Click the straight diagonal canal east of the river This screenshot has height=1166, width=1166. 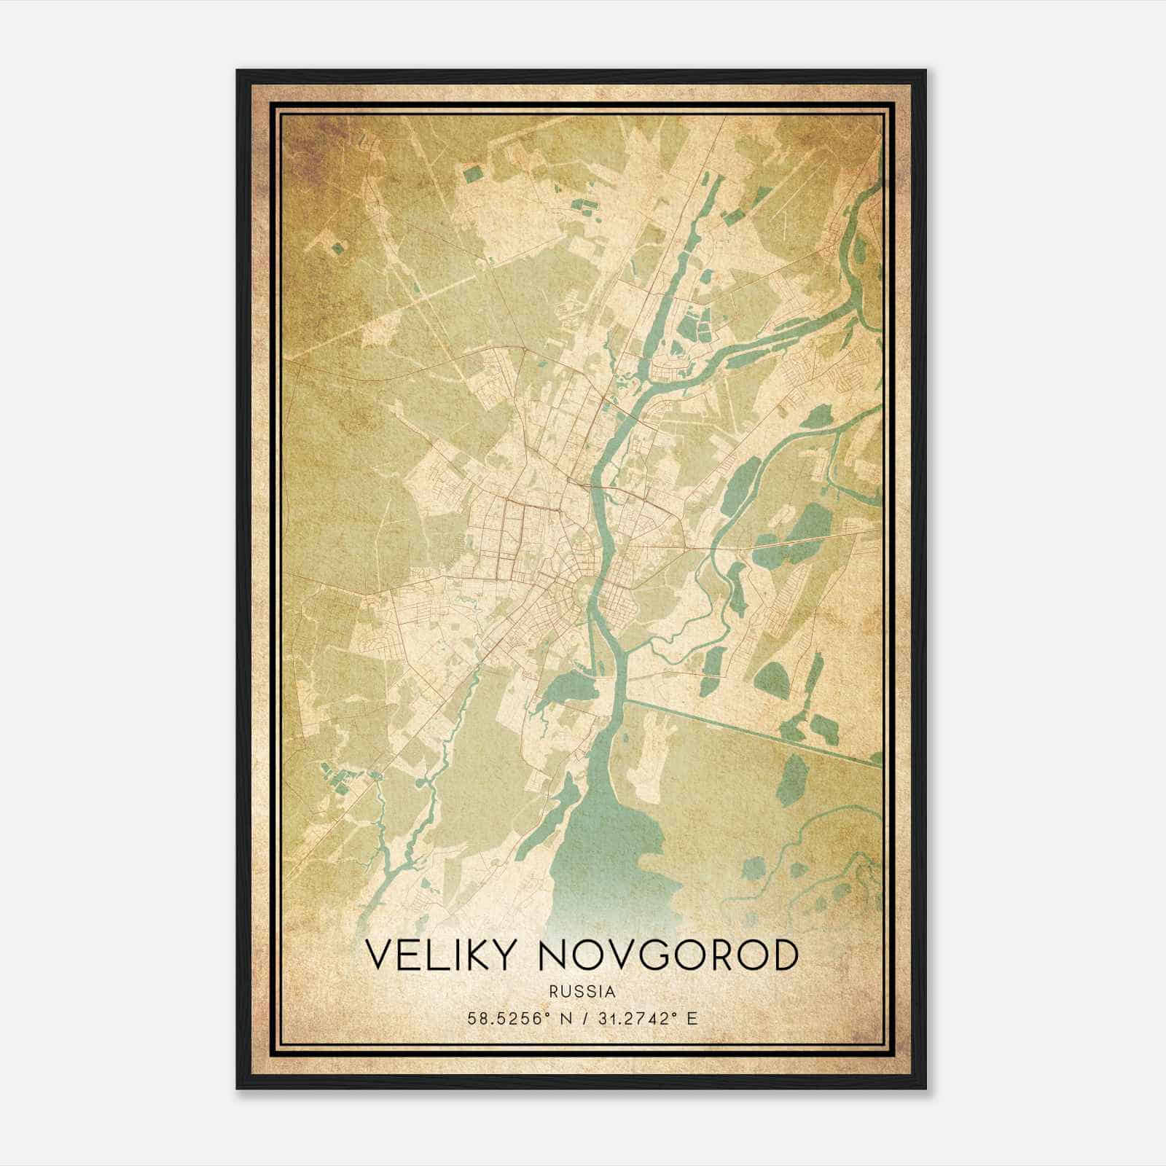[x=751, y=731]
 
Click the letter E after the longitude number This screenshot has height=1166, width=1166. [x=692, y=1018]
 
